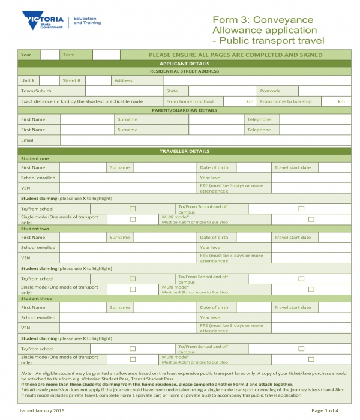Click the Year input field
click(49, 55)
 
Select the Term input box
click(106, 55)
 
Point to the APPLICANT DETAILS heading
click(184, 63)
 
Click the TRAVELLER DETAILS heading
click(184, 151)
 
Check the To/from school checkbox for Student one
click(133, 209)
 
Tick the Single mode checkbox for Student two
click(133, 289)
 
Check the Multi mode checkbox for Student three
click(311, 359)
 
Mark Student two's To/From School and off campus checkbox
click(300, 279)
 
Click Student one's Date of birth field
click(254, 167)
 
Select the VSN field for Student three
click(128, 328)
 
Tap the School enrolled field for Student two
click(128, 247)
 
